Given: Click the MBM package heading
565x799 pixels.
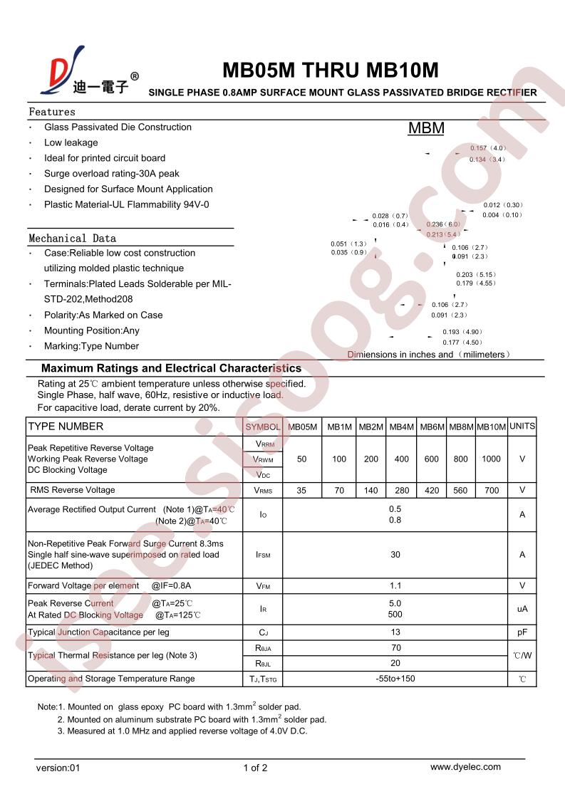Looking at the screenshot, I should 426,128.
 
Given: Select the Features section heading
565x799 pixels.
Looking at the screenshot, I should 52,112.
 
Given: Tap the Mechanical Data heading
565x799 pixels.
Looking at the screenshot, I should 72,238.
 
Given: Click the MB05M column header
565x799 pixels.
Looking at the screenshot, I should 302,427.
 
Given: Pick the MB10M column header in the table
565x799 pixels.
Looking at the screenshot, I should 491,427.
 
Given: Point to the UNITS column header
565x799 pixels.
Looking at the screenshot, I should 522,426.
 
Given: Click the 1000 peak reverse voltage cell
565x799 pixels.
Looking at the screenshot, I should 491,459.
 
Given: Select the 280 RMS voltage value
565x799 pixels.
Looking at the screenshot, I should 402,491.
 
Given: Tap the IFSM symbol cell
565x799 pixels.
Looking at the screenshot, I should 263,555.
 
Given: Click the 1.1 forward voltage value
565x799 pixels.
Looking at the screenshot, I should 396,586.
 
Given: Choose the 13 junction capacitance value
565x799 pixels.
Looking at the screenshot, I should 396,632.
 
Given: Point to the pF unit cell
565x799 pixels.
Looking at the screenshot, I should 522,632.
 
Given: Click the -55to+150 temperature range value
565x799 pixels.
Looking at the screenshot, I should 396,679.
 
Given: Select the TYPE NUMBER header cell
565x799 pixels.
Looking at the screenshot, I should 66,427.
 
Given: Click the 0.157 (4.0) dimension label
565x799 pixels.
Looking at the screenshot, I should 487,148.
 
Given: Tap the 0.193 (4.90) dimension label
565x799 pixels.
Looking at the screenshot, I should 462,332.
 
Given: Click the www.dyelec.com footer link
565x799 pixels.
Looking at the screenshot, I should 465,767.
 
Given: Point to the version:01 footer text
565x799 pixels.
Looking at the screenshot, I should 60,768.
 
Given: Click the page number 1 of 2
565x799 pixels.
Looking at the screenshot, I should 255,768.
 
